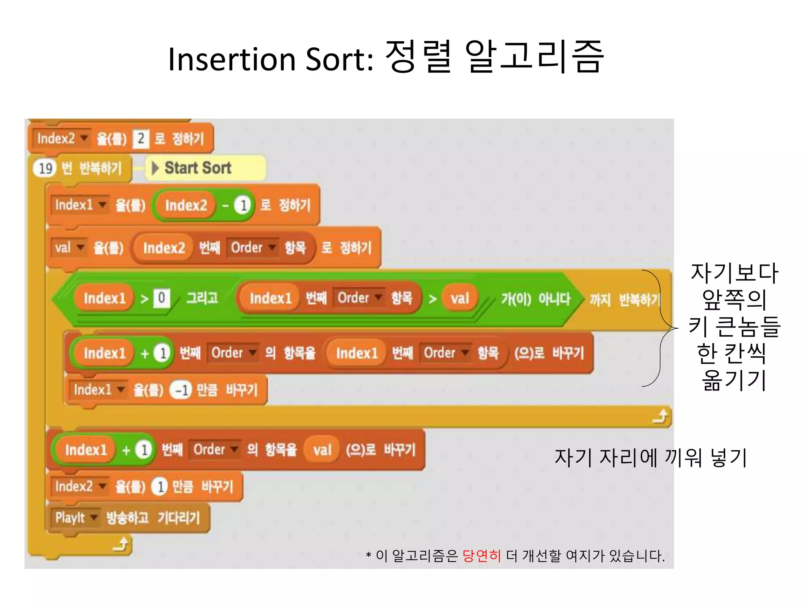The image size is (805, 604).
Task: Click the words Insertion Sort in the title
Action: click(271, 59)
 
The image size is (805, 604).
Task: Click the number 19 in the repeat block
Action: click(46, 168)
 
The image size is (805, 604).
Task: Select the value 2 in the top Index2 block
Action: click(141, 139)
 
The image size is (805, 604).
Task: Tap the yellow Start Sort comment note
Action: click(206, 168)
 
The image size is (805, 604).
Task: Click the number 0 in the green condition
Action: click(162, 298)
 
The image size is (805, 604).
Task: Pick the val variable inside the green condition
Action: click(460, 298)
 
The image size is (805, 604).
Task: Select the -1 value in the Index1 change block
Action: click(181, 390)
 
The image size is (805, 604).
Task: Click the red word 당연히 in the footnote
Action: click(482, 556)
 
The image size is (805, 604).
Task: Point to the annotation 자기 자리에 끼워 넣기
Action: click(651, 458)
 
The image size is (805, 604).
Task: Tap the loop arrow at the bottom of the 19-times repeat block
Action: click(121, 545)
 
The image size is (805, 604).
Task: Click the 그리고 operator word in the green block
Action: click(202, 298)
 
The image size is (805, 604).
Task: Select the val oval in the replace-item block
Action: click(322, 450)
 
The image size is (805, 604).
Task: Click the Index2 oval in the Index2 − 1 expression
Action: click(186, 205)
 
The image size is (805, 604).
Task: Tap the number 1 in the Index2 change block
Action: click(160, 487)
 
